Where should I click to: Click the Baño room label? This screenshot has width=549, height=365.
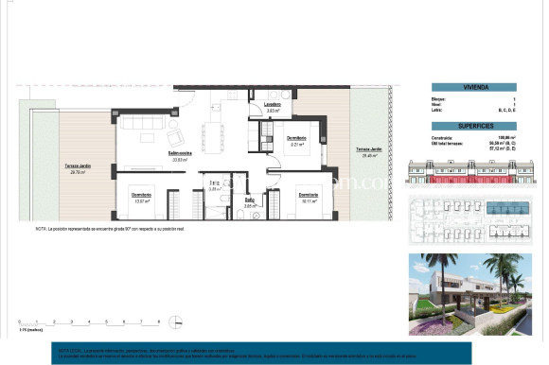point(250,200)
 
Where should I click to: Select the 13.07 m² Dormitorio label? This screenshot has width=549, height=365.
point(143,198)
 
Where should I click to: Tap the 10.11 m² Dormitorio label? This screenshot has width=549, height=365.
point(308,198)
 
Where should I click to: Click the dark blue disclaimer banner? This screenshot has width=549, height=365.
point(274,352)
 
